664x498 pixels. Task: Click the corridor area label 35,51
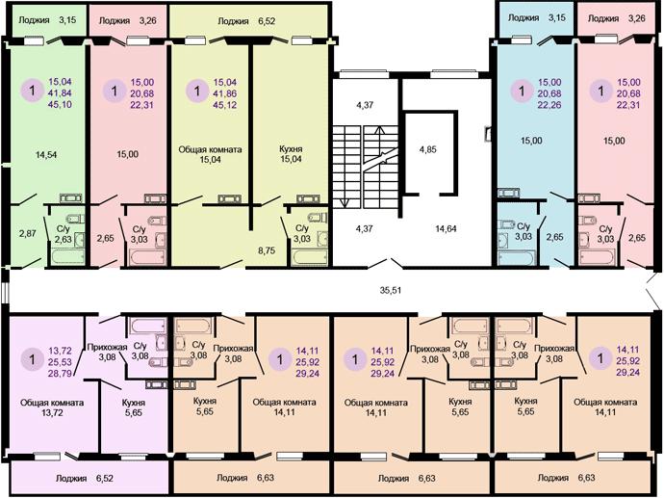click(391, 290)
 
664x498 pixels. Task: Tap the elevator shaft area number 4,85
click(427, 149)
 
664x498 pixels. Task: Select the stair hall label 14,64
click(446, 228)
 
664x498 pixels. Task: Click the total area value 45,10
click(60, 104)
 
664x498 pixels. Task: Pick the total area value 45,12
click(225, 105)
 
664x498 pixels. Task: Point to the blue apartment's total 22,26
click(549, 104)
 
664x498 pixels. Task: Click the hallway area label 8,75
click(267, 250)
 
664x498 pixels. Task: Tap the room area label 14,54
click(46, 155)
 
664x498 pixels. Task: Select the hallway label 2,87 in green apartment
click(28, 233)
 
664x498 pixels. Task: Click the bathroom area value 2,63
click(64, 240)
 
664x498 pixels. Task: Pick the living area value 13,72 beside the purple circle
click(60, 351)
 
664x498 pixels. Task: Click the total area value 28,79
click(60, 374)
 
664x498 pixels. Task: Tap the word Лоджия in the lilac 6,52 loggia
click(71, 478)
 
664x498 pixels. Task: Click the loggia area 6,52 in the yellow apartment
click(267, 21)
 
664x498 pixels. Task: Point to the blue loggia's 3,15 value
click(557, 17)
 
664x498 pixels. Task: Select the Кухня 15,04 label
click(291, 154)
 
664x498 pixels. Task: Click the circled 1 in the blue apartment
click(522, 92)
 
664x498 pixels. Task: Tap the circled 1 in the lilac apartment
click(32, 360)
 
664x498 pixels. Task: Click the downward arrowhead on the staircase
click(345, 203)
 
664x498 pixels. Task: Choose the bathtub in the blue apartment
click(516, 258)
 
